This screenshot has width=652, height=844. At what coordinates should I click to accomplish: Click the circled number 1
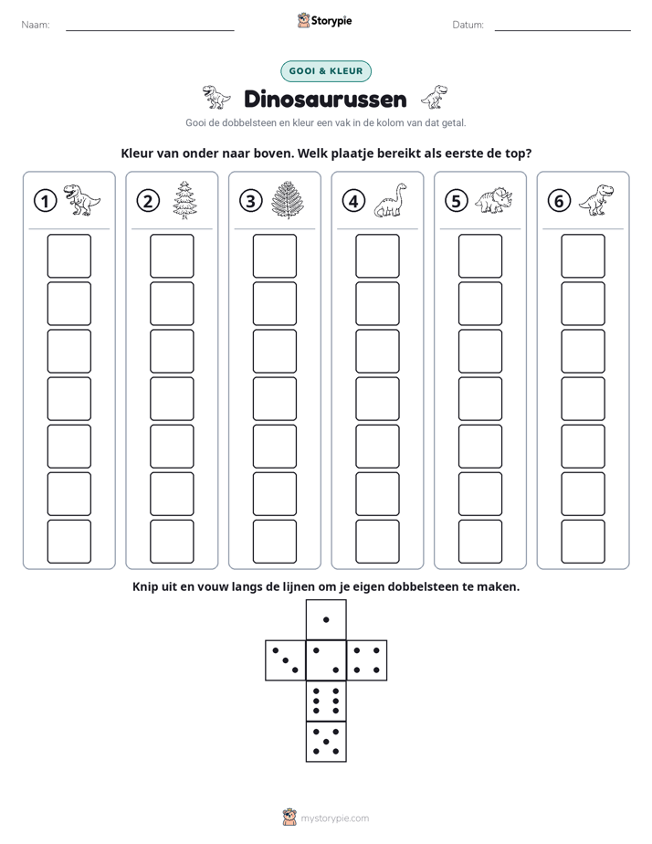tap(45, 201)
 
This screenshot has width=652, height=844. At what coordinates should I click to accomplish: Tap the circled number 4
tap(353, 201)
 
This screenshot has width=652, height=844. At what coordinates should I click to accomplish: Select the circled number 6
tap(559, 201)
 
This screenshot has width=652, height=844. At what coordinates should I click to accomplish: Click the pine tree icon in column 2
tap(185, 200)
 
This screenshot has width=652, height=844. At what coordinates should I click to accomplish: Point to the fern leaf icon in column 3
tap(289, 200)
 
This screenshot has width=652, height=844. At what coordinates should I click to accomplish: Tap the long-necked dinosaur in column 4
tap(391, 200)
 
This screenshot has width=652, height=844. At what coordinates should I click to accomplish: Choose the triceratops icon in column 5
tap(494, 200)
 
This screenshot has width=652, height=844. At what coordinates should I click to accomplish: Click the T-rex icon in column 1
tap(82, 200)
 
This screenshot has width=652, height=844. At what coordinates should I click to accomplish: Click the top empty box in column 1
tap(68, 256)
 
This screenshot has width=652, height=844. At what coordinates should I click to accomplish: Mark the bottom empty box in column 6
tap(584, 542)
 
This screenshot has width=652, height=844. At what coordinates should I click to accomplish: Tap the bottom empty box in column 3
tap(275, 542)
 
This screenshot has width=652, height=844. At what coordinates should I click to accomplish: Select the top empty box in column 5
tap(480, 256)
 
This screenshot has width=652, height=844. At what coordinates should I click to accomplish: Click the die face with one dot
tap(326, 619)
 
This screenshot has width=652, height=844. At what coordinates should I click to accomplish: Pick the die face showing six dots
tap(326, 701)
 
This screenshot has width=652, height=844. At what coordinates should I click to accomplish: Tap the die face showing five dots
tap(326, 742)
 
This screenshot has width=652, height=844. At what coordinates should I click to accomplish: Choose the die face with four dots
tap(367, 660)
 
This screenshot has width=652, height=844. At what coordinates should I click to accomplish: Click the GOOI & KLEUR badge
tap(326, 71)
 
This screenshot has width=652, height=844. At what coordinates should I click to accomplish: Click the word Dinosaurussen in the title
tap(325, 99)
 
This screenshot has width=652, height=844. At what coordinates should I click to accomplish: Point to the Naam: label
tap(36, 25)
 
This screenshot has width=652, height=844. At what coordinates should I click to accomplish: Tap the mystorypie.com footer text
tap(334, 818)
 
